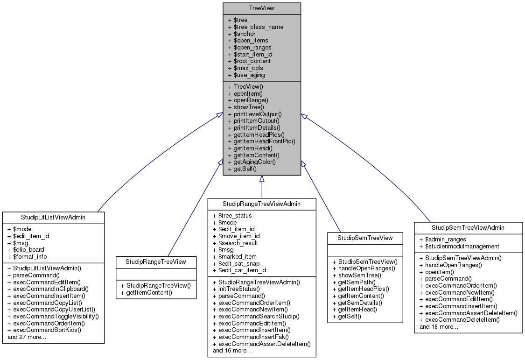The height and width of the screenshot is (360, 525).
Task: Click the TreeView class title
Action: point(261,8)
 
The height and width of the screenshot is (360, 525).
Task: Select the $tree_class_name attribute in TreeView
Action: point(255,27)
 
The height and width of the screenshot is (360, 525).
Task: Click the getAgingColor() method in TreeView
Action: point(255,162)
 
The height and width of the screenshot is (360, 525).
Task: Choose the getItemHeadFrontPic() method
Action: point(265,141)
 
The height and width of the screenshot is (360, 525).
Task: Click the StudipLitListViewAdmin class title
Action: point(53,217)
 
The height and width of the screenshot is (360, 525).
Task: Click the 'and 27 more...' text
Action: point(27,337)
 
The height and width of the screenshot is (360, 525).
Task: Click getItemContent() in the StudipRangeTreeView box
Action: point(147,293)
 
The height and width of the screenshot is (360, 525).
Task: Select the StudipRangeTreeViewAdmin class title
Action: point(262,204)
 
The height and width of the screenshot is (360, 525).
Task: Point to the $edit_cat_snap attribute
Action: point(237,263)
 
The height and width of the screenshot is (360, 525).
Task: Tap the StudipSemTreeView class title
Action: point(365,238)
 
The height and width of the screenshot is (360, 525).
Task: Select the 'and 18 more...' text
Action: point(439,326)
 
